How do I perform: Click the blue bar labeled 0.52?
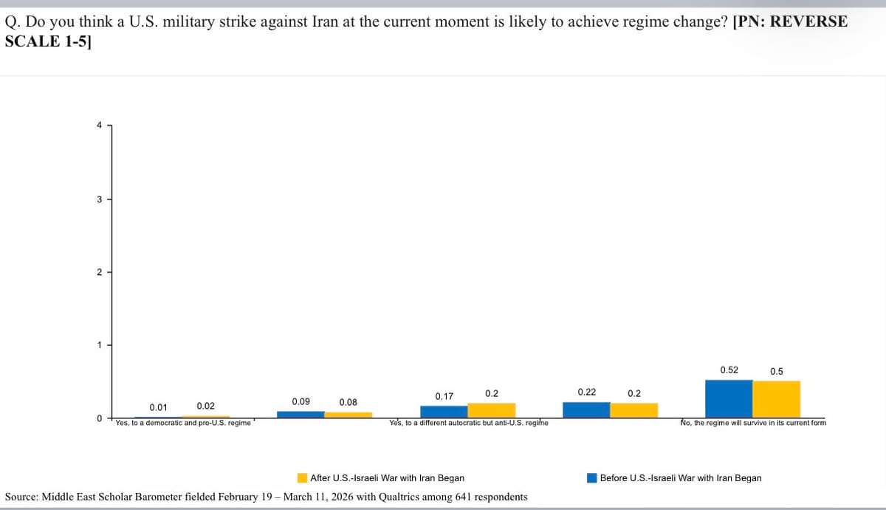[x=729, y=399]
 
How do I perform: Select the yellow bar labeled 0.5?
[x=776, y=400]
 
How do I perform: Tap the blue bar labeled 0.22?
[x=586, y=410]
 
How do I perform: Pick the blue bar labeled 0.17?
[x=444, y=412]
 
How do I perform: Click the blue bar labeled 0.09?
[x=301, y=415]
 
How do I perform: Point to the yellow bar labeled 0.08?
[x=348, y=415]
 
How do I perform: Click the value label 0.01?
[x=158, y=407]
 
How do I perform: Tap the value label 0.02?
[x=205, y=406]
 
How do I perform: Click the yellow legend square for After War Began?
[x=302, y=478]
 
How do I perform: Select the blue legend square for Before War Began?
[x=591, y=478]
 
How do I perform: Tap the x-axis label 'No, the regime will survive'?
[x=753, y=423]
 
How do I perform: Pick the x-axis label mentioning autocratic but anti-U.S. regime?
[x=468, y=423]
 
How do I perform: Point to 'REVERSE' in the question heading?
[x=808, y=21]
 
